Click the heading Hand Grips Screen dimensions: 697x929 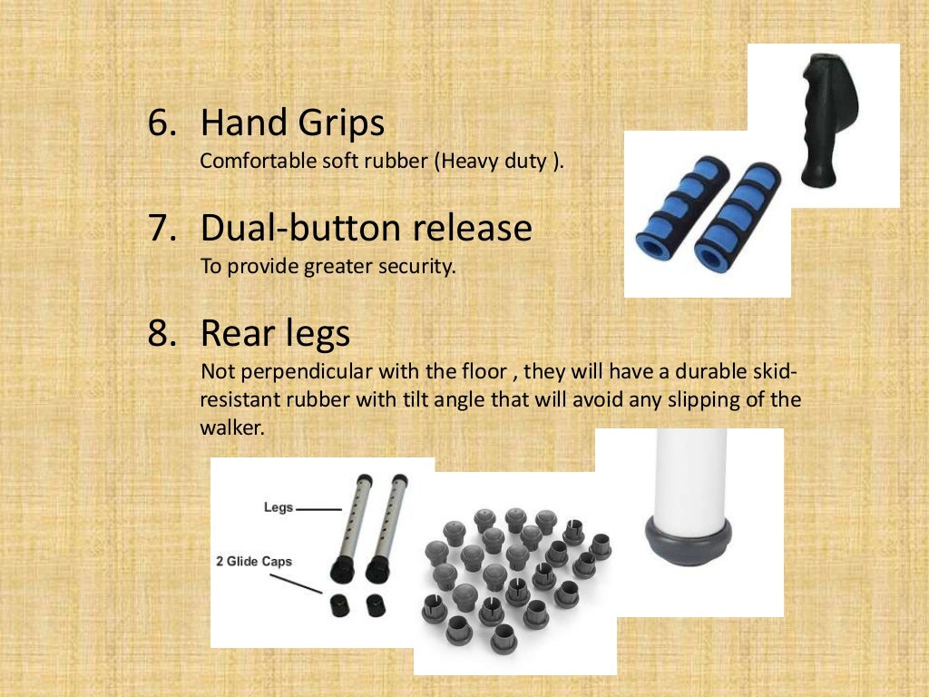coord(292,123)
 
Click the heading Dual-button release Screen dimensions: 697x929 coord(366,229)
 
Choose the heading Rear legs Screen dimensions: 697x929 coord(275,335)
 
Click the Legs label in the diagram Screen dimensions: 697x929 coord(279,507)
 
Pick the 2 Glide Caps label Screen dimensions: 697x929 coord(254,562)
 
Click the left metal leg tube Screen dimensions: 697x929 coord(348,526)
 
